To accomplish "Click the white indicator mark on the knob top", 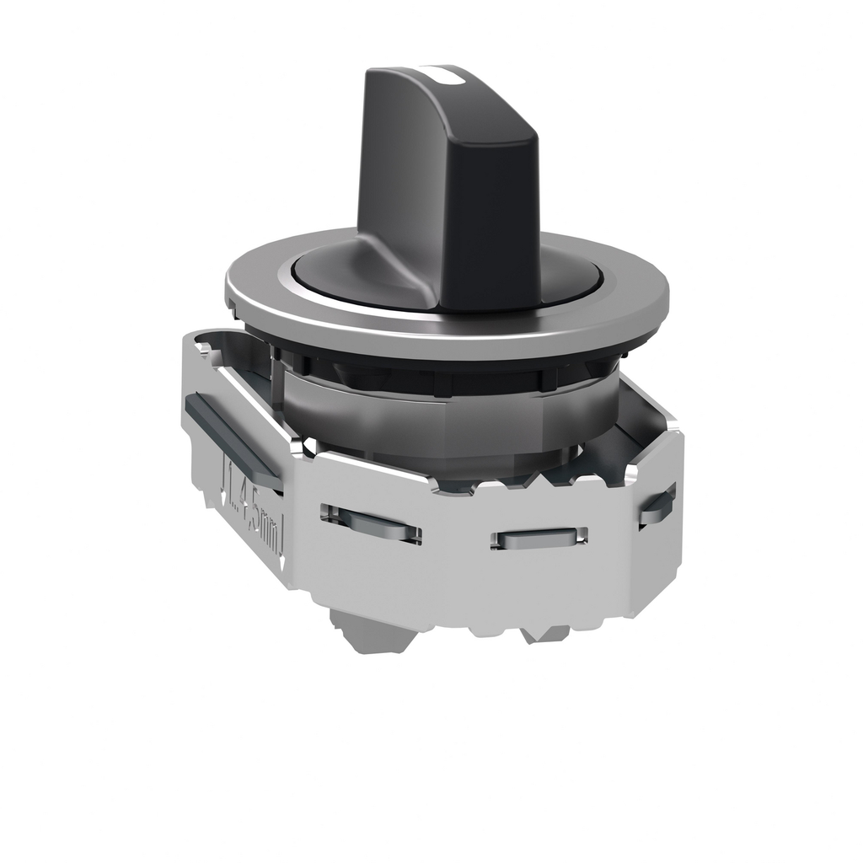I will (448, 77).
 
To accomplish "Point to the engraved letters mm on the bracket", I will (271, 533).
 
